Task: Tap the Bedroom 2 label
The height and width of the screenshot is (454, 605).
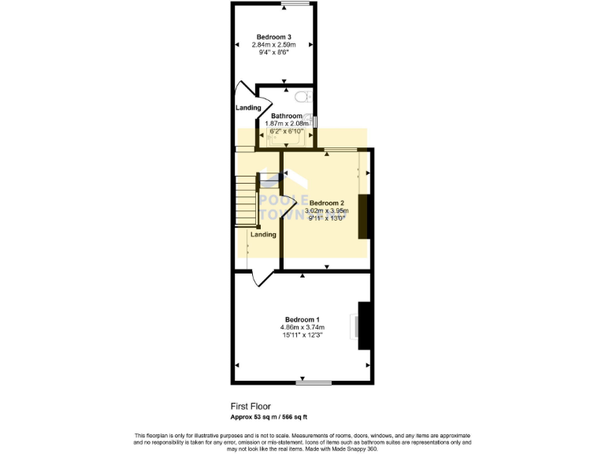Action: [x=325, y=203]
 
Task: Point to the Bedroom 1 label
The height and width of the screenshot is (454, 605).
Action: [x=302, y=319]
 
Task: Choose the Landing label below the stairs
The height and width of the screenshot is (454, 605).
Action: [x=263, y=234]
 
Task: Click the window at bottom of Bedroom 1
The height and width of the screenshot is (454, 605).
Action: [x=314, y=383]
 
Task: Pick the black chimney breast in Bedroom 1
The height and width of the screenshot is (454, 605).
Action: [x=365, y=326]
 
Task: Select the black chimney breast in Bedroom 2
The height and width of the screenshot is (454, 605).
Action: [x=364, y=216]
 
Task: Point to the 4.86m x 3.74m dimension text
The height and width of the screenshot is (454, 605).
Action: [x=302, y=327]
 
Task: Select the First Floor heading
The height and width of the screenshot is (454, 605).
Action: [x=251, y=407]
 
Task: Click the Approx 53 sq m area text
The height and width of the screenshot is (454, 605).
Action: [x=269, y=416]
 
